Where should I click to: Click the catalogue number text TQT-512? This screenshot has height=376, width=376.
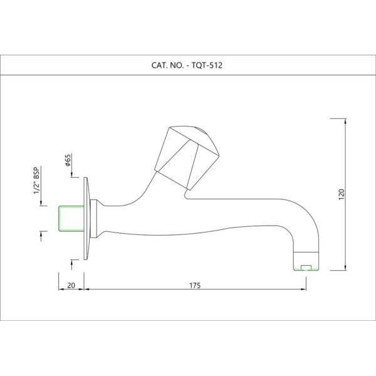207,65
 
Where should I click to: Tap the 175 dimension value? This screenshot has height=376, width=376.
195,286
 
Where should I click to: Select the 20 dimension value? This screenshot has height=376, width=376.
71,286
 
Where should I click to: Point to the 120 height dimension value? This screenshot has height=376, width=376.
342,194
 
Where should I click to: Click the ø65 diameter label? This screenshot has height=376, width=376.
68,160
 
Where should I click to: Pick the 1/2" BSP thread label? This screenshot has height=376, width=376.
36,180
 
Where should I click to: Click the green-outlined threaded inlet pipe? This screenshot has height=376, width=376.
71,219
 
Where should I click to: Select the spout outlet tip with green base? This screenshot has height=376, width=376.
306,261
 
